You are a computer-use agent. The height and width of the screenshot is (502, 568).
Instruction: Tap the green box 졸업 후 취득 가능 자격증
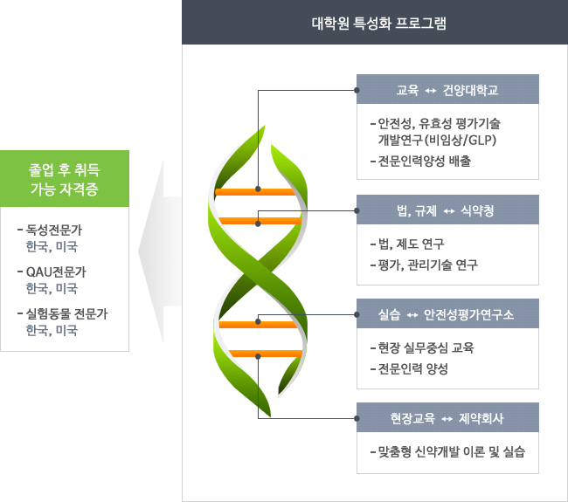[65, 179]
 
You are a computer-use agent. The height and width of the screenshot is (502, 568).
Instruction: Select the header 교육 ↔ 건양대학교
[447, 90]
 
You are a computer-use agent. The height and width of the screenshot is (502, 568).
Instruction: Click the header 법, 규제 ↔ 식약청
[447, 210]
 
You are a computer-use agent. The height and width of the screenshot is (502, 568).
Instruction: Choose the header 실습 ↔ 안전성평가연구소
[447, 313]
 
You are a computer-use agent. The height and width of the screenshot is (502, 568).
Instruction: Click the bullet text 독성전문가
[62, 230]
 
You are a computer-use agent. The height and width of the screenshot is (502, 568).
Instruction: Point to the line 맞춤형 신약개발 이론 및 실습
[447, 452]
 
